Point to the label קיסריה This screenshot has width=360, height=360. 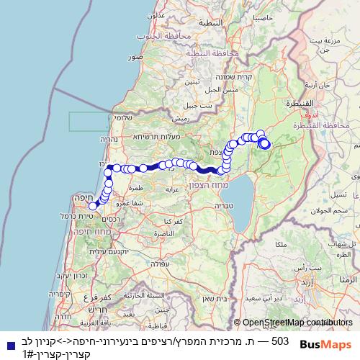60,294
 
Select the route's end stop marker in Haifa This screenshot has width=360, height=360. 93,206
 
